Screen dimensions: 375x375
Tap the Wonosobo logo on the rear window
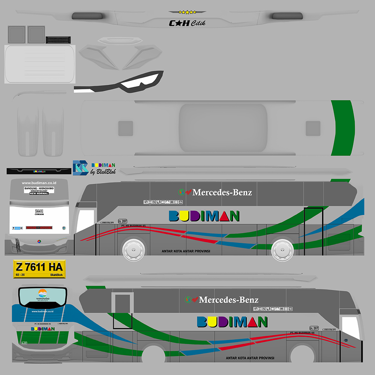pos(42,295)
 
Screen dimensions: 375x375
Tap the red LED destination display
pos(39,228)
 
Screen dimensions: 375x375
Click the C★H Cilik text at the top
pos(187,23)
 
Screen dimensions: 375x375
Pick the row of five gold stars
pos(187,12)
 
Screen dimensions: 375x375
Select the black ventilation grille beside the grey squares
pos(58,39)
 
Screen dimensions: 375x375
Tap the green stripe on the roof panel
pos(343,127)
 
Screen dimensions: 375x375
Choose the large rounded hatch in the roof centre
pos(223,128)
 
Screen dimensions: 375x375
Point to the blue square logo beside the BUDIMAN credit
pos(80,167)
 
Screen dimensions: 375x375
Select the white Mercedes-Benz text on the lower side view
pos(228,300)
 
